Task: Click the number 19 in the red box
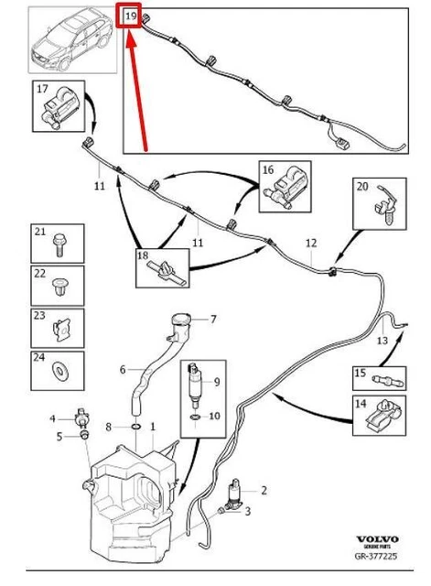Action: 131,16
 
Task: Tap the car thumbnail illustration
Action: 72,40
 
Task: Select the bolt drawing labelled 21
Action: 59,244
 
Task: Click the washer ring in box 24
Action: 59,371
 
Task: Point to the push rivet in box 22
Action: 59,287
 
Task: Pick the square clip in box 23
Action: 61,330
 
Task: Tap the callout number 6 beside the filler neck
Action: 123,370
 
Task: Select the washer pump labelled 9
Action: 194,385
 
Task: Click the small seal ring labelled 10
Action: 195,417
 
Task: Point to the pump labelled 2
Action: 236,494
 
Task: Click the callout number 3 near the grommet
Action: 247,511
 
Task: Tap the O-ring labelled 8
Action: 136,427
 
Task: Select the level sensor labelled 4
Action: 80,418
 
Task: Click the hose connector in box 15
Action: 388,381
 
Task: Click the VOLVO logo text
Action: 378,539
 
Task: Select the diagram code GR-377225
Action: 376,556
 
